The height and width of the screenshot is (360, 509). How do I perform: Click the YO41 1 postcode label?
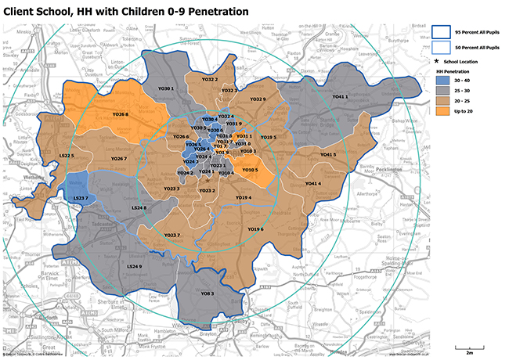pyautogui.click(x=339, y=96)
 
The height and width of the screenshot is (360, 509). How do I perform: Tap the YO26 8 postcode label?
pyautogui.click(x=121, y=114)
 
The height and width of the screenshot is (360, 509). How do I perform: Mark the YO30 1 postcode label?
pyautogui.click(x=166, y=89)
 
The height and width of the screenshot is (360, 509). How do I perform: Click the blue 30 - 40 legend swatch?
pyautogui.click(x=442, y=80)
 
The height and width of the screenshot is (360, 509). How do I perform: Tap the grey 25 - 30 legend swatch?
pyautogui.click(x=442, y=91)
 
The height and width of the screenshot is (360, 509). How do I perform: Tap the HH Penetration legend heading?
pyautogui.click(x=452, y=70)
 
